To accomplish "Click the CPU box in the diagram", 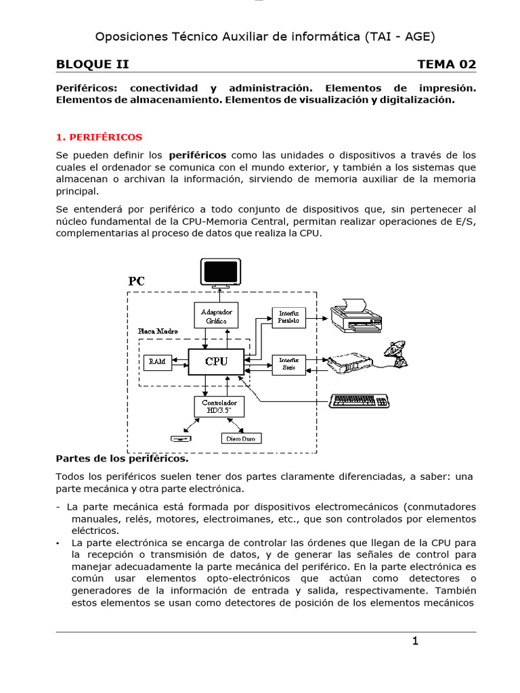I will [216, 362].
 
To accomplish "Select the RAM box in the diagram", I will [157, 362].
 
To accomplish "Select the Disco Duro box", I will [242, 438].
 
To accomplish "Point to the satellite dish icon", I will [396, 353].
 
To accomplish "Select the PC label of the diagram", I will [137, 280].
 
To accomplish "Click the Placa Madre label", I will [158, 331].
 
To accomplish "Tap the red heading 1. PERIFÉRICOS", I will [99, 137].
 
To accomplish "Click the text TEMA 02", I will [446, 64].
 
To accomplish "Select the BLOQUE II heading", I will [92, 64].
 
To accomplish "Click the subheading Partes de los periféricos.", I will [122, 458].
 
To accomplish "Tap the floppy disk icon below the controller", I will [181, 438].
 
